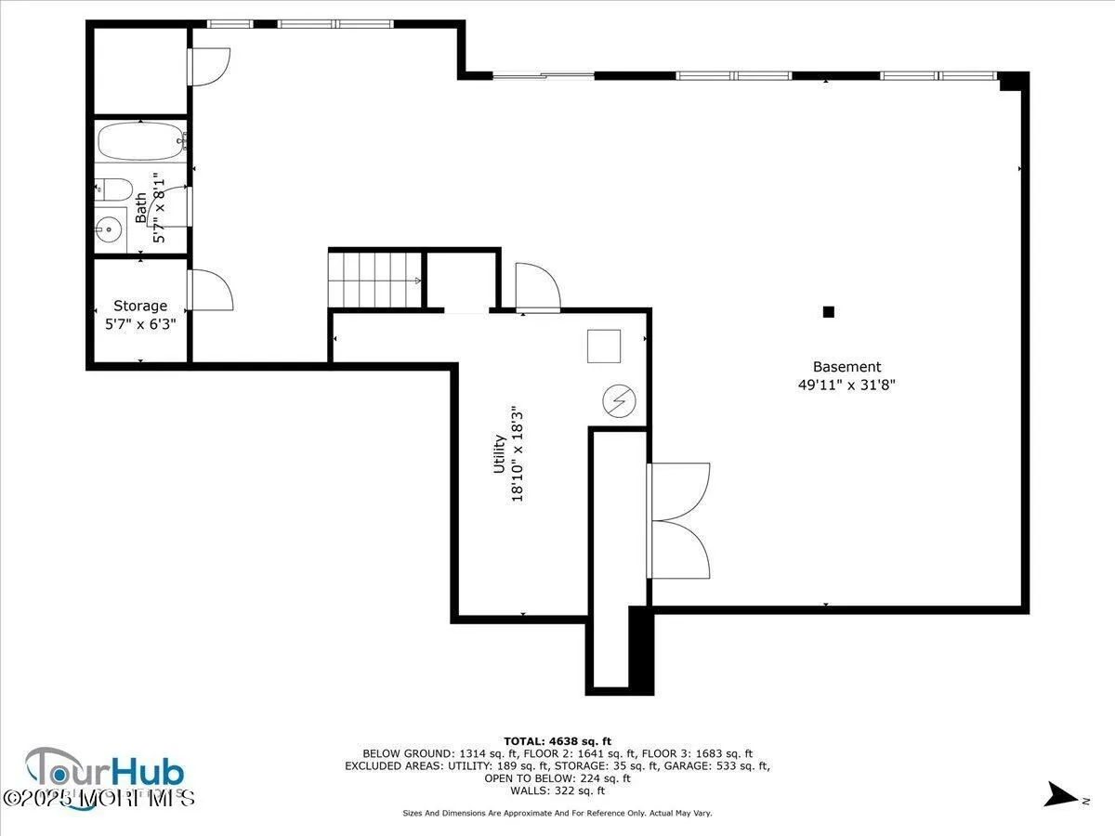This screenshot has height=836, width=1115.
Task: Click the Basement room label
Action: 846,367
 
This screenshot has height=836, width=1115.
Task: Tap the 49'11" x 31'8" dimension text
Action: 846,385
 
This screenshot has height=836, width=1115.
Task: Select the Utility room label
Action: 499,454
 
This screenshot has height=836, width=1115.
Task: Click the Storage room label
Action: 140,306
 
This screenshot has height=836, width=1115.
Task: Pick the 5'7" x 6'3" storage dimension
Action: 140,324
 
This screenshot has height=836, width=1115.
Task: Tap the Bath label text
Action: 140,207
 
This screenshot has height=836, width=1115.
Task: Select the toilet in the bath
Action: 114,189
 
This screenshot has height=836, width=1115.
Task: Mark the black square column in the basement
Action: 829,312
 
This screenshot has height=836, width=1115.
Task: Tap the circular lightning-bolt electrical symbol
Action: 618,400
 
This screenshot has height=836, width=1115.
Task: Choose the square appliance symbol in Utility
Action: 604,346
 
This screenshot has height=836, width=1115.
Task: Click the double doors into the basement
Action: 678,521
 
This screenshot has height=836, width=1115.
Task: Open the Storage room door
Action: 209,291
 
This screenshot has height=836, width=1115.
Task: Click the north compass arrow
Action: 1059,794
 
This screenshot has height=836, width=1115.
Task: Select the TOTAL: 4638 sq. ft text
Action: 557,739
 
